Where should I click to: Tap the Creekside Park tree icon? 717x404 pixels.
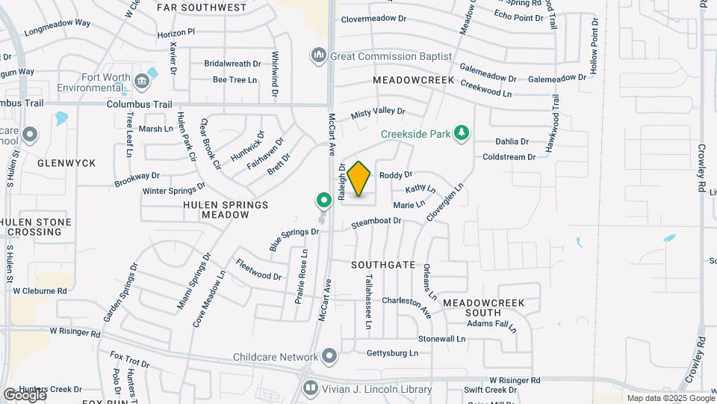462,133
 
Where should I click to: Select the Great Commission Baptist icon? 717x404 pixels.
319,56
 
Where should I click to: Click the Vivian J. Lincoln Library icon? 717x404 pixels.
310,389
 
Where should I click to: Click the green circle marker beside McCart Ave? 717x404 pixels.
323,200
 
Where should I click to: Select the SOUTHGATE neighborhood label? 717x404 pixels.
383,265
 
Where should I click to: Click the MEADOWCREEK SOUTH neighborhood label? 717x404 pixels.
482,307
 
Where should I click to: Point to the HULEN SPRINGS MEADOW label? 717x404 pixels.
226,209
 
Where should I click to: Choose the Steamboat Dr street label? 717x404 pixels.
376,221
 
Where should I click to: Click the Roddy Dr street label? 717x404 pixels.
396,176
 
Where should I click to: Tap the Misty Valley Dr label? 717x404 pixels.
378,112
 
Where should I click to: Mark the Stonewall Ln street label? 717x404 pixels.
441,339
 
